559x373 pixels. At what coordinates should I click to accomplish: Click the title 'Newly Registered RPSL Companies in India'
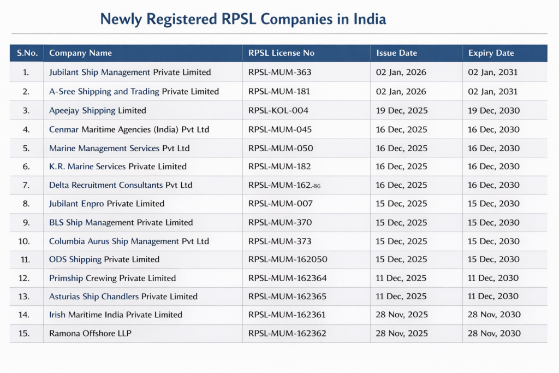coord(243,19)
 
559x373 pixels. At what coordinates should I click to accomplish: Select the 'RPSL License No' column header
coord(281,53)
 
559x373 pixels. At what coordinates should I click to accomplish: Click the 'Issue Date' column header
coord(397,53)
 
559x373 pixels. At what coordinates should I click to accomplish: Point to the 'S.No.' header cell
coord(27,53)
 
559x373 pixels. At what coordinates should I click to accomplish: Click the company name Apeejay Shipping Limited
coord(98,110)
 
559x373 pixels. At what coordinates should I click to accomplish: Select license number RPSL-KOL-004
coord(278,110)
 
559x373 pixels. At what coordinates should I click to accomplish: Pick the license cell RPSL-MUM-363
coord(281,72)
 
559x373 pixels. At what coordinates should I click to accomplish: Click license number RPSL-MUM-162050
coord(288,259)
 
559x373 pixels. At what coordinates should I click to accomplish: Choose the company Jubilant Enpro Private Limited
coord(107,204)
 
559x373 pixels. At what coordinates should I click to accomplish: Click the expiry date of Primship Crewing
coord(493,278)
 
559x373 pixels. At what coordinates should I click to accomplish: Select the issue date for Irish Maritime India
coord(402,315)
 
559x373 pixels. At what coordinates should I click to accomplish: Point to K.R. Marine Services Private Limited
coord(118,167)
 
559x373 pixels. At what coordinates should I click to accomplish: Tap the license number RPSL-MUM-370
coord(281,222)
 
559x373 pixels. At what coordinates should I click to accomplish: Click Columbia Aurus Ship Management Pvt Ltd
coord(129,241)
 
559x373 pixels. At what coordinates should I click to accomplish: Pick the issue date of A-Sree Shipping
coord(401,91)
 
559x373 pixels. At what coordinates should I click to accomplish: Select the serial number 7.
coord(26,185)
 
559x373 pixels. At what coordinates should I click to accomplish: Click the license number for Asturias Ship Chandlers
coord(288,297)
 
